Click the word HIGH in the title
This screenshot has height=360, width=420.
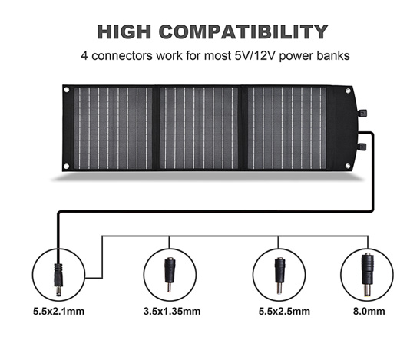click(124, 32)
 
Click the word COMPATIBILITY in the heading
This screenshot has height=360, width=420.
click(243, 32)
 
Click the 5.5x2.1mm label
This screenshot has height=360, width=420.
click(58, 311)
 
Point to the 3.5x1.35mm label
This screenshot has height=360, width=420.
click(172, 311)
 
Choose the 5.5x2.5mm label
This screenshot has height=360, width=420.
click(284, 311)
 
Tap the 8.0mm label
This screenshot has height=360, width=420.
click(369, 311)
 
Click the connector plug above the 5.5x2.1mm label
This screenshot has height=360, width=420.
click(58, 279)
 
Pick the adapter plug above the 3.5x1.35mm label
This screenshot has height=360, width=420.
click(170, 275)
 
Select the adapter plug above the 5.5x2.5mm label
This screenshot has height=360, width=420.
click(279, 276)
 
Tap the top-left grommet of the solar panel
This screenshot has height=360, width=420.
click(67, 90)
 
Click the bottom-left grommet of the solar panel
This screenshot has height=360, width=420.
click(67, 167)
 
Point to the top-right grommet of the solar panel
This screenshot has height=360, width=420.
click(348, 91)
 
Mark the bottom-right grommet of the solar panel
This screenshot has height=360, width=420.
click(348, 166)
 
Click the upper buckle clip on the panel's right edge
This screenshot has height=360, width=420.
click(362, 114)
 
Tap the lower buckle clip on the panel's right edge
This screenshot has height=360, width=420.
click(362, 147)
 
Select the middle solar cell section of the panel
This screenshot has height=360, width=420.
click(199, 128)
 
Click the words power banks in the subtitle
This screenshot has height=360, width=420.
click(315, 56)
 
